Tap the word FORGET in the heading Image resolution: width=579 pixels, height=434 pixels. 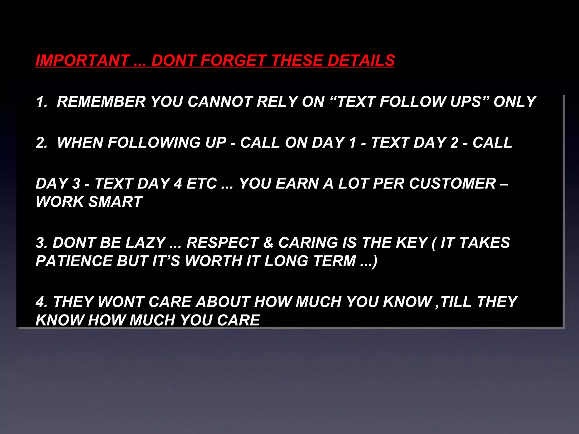tap(233, 60)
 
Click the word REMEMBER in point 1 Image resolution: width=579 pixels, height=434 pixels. tap(101, 102)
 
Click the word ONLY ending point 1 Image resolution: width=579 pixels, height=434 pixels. tap(515, 102)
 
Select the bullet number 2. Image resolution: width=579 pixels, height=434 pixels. tap(41, 143)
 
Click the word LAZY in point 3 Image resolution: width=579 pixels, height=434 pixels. tap(145, 243)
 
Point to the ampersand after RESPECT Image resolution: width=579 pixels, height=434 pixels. tap(268, 243)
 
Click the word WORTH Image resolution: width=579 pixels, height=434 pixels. tap(213, 261)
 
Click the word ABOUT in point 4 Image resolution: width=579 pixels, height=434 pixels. tap(223, 302)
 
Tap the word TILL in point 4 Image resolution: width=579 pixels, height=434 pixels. tap(455, 302)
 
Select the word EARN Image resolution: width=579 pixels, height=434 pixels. tap(297, 184)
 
